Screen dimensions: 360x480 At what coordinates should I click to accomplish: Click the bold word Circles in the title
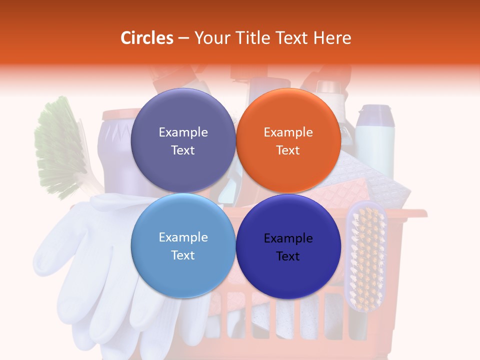[x=146, y=38]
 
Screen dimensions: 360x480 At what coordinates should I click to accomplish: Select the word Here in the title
[x=332, y=38]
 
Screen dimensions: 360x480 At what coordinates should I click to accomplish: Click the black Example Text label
[x=288, y=247]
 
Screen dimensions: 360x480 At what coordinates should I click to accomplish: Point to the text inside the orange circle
[x=288, y=141]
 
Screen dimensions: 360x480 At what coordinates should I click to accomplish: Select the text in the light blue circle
[x=183, y=246]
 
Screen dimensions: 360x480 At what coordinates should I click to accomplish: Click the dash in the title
[x=183, y=38]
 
